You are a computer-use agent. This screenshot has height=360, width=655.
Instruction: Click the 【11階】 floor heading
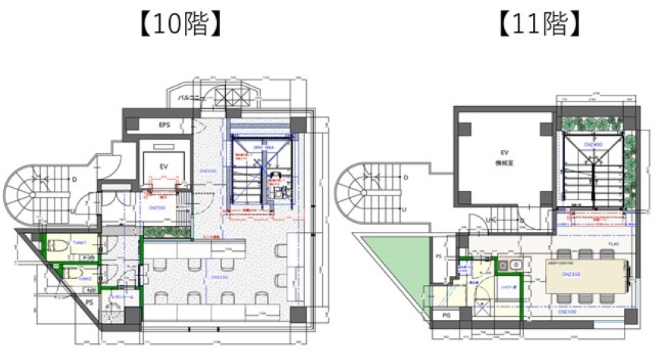540,24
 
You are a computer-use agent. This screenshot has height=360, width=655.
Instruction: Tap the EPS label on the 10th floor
165,124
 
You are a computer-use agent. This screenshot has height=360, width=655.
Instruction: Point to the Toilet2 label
83,278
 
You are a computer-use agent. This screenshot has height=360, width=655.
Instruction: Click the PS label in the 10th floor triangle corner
90,302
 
